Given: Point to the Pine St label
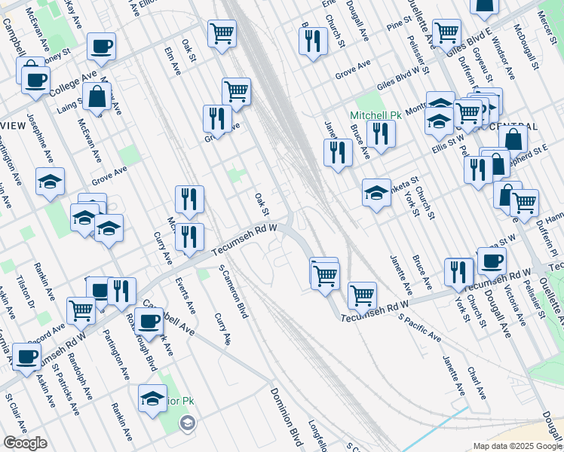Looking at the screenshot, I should coord(396,26).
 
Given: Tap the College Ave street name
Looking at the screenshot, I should coord(69,84).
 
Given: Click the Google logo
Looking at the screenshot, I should coord(25,443).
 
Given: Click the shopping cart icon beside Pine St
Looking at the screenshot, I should coord(446,32).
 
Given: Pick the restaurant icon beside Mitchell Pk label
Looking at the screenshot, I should coord(381,133).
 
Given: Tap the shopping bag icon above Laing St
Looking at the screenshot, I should coord(97,96).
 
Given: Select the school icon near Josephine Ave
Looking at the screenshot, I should coord(51,182).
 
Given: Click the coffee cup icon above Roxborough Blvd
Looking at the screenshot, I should coord(149,321).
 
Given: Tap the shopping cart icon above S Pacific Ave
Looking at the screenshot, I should coord(363,295).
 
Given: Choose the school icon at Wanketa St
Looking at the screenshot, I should coord(376,192).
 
